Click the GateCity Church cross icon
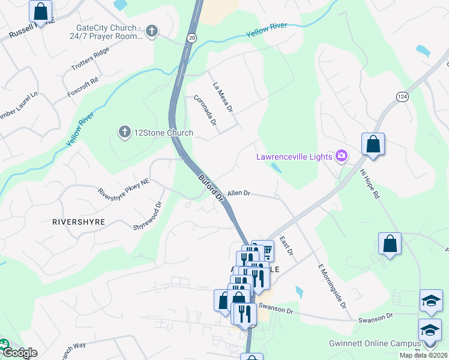click(x=152, y=31)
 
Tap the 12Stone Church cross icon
click(x=125, y=132)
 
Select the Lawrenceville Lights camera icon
click(x=342, y=157)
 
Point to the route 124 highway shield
click(x=402, y=95)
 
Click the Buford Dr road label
click(x=211, y=187)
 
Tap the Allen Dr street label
click(x=238, y=193)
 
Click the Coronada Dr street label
click(x=205, y=110)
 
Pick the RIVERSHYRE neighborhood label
click(x=79, y=221)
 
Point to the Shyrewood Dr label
click(x=148, y=215)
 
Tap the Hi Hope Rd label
click(x=370, y=183)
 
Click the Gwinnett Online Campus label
click(x=375, y=344)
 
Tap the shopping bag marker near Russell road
click(x=40, y=11)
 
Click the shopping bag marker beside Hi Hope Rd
click(x=373, y=145)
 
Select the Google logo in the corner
click(x=19, y=352)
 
